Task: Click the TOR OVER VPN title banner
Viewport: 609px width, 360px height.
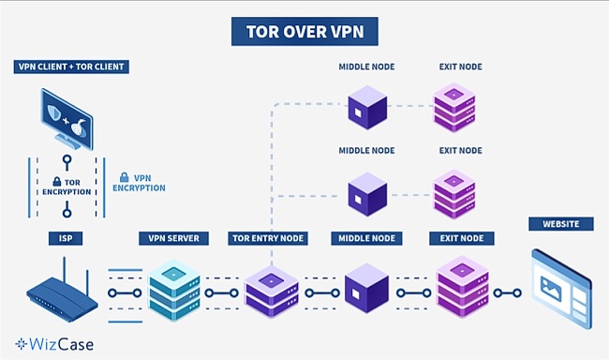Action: point(304,31)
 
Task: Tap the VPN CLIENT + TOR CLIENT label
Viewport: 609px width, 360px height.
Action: point(71,67)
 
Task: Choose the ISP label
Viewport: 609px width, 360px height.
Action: point(62,238)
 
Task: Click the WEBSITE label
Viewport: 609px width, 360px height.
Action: point(560,223)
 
